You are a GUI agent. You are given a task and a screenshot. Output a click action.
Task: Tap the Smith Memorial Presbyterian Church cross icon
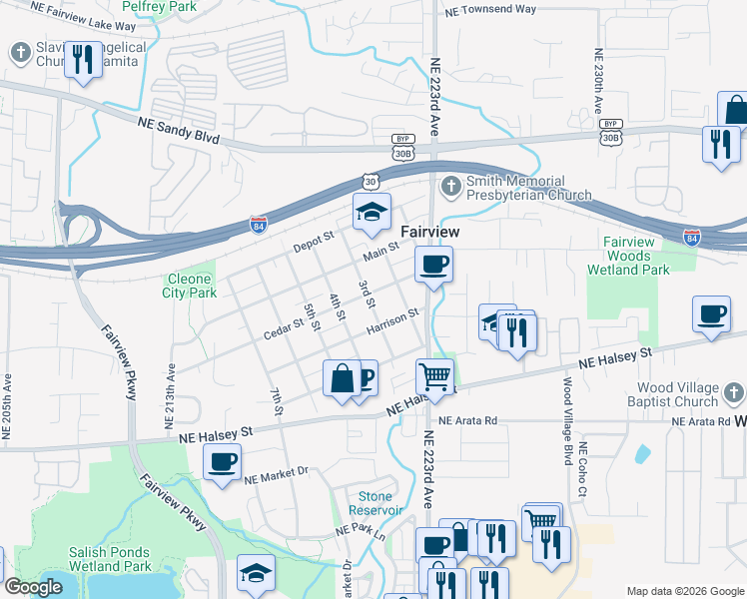[450, 185]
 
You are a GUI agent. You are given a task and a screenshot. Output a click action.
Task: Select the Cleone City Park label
[189, 287]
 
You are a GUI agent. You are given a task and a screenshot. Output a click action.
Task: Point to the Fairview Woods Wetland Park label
[629, 256]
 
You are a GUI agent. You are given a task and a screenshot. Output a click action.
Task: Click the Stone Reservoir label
[375, 503]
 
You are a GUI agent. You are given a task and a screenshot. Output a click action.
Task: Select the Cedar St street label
[284, 328]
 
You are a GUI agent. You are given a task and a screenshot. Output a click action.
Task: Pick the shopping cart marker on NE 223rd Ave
[434, 376]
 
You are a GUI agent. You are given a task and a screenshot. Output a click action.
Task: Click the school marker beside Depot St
[372, 211]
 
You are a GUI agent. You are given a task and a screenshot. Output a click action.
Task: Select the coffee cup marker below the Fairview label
[433, 265]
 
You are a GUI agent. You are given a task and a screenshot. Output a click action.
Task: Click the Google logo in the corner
[34, 588]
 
